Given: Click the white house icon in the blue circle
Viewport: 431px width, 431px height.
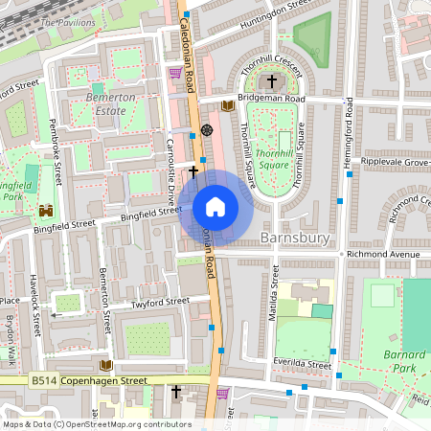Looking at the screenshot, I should coord(215,206).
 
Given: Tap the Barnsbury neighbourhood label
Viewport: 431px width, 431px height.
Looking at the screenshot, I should coord(300,237).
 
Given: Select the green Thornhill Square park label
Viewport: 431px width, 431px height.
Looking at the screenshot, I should coord(275,158).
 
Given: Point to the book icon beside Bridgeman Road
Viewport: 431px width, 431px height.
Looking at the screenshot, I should coord(227,106).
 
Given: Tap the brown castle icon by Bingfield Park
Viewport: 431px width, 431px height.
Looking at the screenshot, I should coord(46,211).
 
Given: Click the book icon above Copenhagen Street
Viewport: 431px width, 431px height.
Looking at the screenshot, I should coord(106,365).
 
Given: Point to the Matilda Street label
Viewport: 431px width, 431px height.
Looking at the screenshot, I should coord(276,297).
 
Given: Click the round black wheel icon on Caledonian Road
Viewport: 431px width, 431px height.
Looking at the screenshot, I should coord(207,129).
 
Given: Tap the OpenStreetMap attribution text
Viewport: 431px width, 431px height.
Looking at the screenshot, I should coord(96,424).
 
